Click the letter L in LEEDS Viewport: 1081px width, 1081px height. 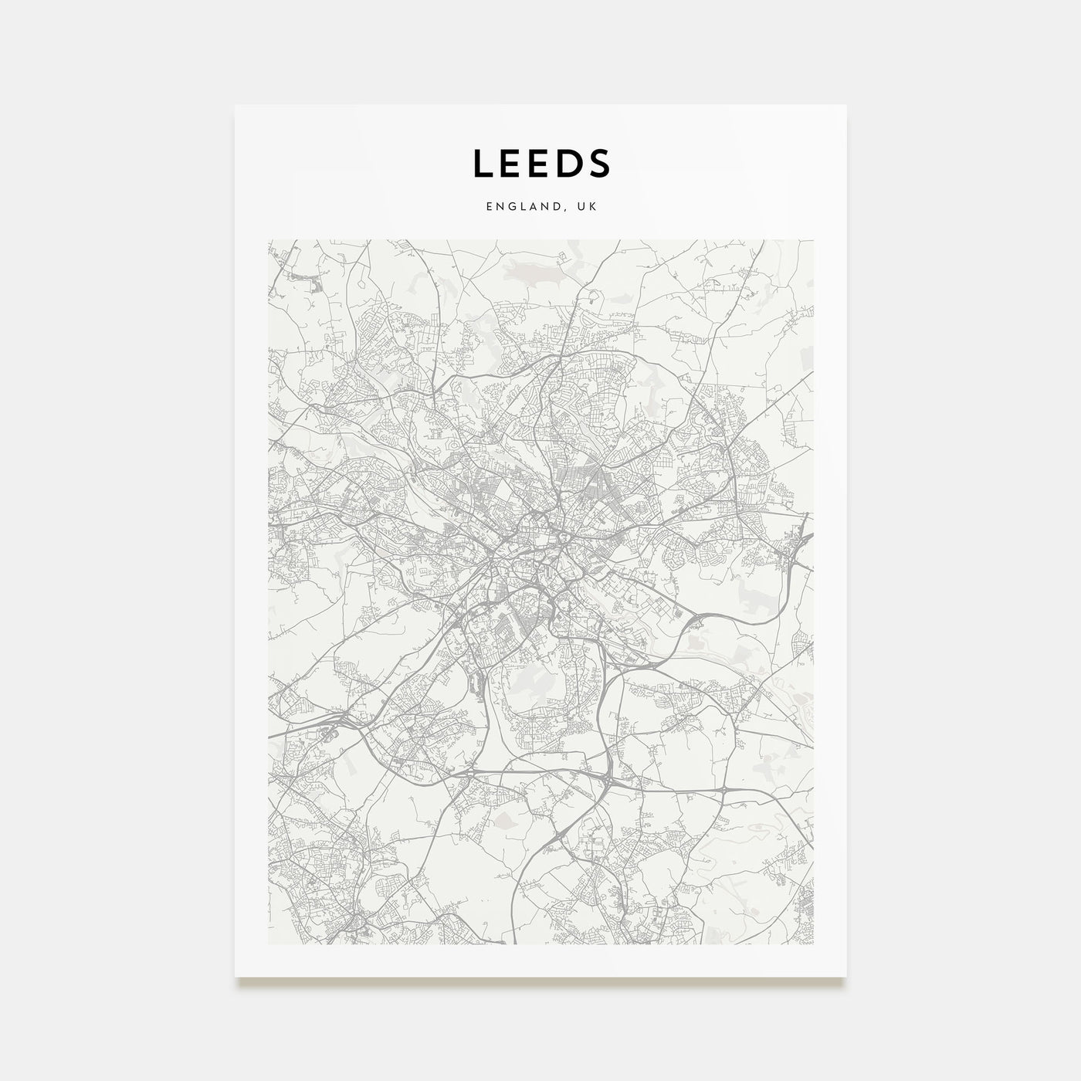pyautogui.click(x=483, y=163)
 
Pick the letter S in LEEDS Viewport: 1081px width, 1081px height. pyautogui.click(x=601, y=163)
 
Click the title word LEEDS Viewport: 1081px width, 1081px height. pyautogui.click(x=541, y=163)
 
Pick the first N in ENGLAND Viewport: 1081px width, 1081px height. pyautogui.click(x=500, y=207)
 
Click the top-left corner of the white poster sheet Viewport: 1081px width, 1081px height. pyautogui.click(x=236, y=105)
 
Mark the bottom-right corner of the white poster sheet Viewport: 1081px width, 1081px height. pyautogui.click(x=845, y=976)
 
